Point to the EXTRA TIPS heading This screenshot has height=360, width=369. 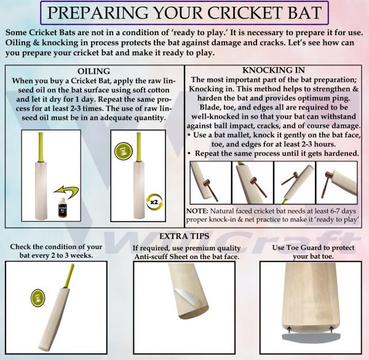(x=184, y=236)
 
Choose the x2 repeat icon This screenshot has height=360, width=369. (x=154, y=201)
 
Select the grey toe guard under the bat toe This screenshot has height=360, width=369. (x=305, y=337)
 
